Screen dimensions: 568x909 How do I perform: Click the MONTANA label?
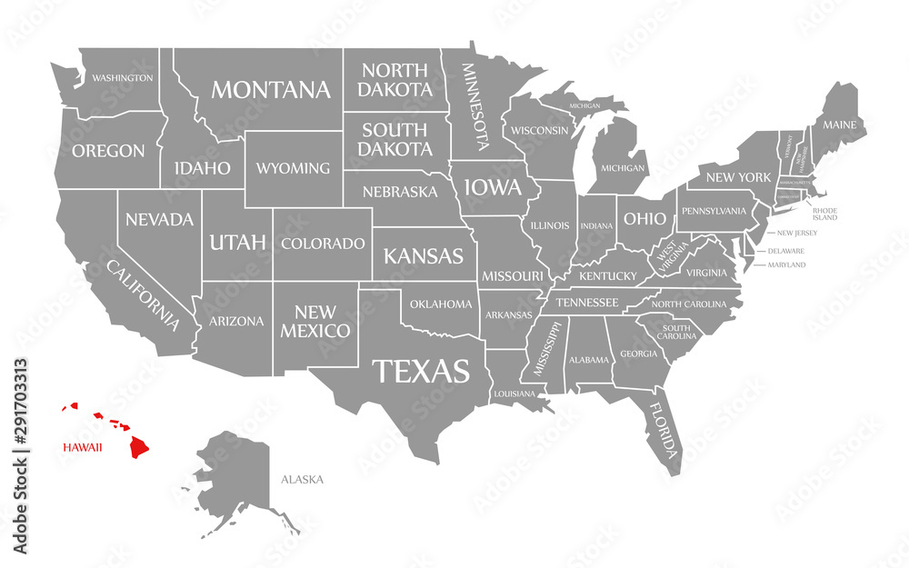click(x=271, y=90)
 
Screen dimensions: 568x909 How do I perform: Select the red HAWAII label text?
click(x=82, y=447)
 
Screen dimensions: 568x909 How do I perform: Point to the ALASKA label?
click(x=302, y=479)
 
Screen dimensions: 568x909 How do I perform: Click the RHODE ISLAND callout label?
click(x=825, y=214)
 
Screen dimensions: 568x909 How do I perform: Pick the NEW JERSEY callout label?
click(x=797, y=233)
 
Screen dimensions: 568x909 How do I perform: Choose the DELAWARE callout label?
click(x=786, y=250)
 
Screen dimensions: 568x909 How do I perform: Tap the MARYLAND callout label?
click(x=786, y=264)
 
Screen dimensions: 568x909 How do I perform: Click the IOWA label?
click(x=493, y=188)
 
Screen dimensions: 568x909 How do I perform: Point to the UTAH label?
click(x=238, y=242)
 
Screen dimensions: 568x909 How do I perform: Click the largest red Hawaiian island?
click(x=139, y=446)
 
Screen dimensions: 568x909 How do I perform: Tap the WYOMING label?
click(x=293, y=168)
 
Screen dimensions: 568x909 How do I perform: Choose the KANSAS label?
click(x=424, y=256)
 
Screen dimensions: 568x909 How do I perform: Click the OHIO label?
click(x=644, y=219)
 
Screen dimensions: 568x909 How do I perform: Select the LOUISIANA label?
click(x=515, y=394)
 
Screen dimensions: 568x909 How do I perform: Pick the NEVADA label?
click(x=159, y=219)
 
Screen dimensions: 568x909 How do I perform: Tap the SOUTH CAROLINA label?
click(x=679, y=332)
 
